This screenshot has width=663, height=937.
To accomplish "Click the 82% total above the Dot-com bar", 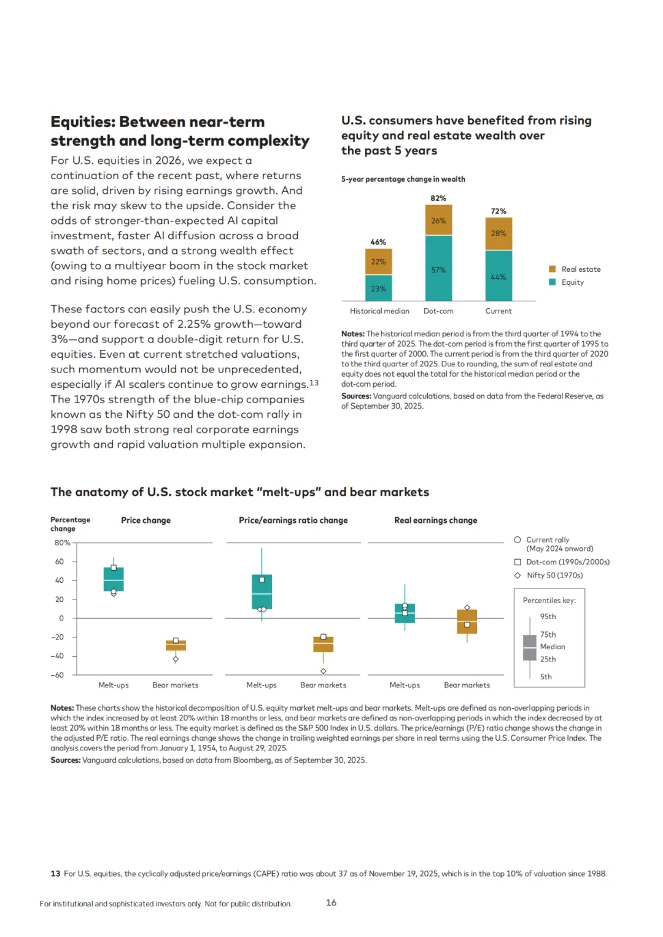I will [438, 198].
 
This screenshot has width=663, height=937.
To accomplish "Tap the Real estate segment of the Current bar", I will [498, 233].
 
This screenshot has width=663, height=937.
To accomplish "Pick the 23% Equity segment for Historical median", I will [378, 288].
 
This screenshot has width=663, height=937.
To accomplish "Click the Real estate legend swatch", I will [552, 269].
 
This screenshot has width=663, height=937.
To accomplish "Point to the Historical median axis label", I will [379, 311].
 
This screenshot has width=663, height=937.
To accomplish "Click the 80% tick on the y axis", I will [62, 543].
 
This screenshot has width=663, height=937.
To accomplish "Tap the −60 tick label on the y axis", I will [57, 675].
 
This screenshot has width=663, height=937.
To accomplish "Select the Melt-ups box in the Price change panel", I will [114, 579].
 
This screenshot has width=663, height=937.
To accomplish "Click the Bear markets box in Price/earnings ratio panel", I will [324, 644].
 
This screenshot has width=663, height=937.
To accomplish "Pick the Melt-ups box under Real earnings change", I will [405, 613].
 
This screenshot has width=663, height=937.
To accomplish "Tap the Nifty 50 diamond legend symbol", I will [518, 576].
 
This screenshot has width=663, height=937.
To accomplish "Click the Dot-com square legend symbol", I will [518, 562].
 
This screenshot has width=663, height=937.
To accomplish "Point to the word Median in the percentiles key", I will [552, 647].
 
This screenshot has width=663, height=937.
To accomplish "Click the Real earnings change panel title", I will [435, 520].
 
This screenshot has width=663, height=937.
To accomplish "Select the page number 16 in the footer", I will [331, 903].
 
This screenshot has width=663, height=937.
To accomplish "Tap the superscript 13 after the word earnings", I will [314, 383].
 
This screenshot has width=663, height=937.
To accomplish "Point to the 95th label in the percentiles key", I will [548, 617].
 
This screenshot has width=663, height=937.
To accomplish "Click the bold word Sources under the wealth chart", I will [356, 396].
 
